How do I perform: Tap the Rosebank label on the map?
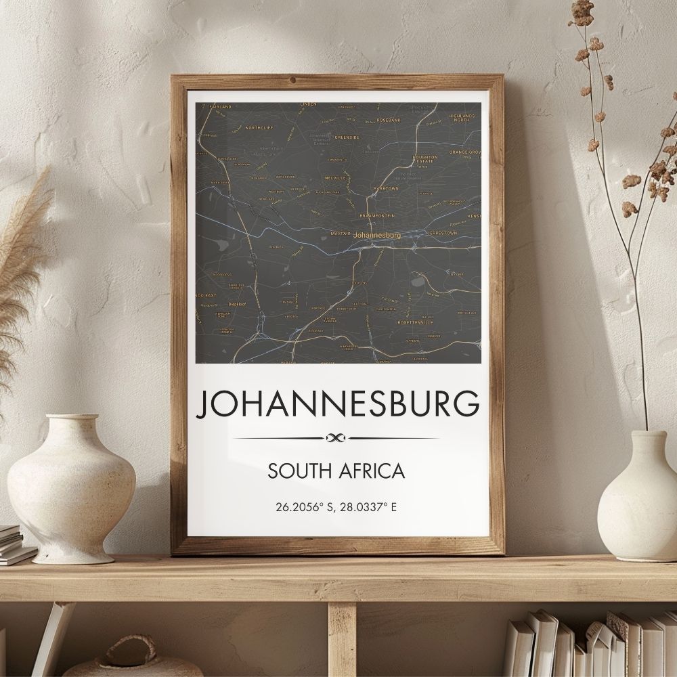pos(389,120)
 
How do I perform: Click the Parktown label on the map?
pos(386,187)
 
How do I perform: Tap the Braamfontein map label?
pos(376,215)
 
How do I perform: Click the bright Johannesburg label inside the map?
pos(377,234)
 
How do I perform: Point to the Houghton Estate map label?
pos(425,158)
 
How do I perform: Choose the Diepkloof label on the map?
pos(236,303)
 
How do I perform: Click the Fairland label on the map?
pos(221,106)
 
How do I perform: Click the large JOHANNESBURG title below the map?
pos(336,404)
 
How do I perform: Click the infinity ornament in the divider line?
pos(336,438)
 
